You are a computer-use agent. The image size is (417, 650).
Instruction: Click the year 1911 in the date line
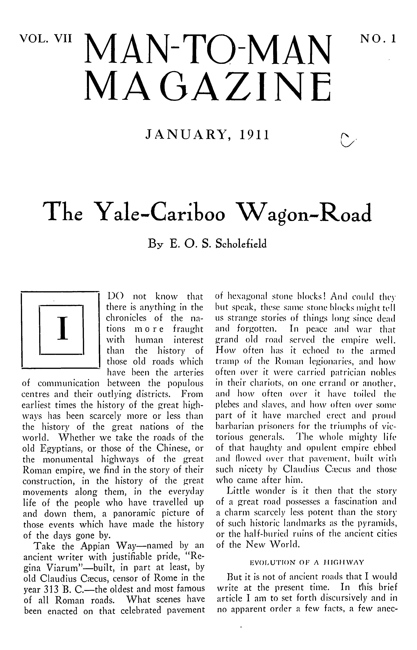(x=254, y=135)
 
